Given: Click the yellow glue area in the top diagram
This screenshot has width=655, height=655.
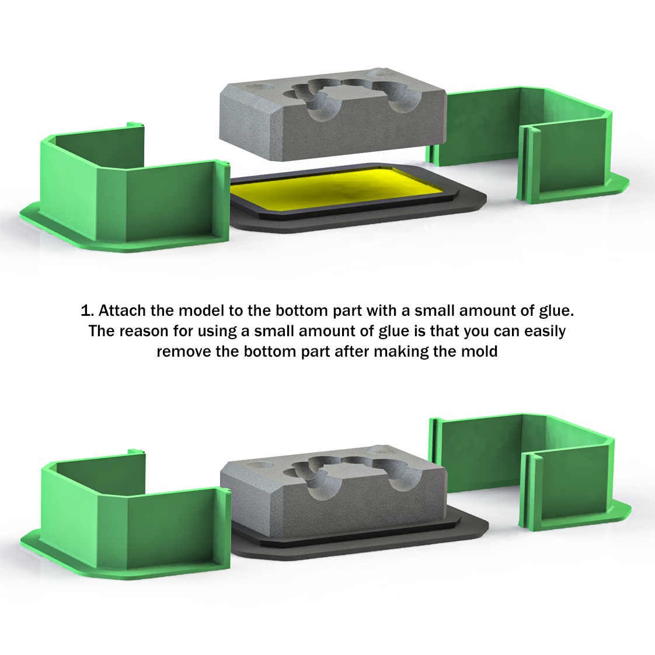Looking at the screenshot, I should [x=333, y=188].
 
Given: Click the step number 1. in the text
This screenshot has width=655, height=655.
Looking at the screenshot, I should [x=87, y=309].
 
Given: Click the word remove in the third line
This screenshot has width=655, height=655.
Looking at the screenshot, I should [x=180, y=352].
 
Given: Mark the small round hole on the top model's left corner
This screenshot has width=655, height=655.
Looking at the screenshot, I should [x=257, y=85].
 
